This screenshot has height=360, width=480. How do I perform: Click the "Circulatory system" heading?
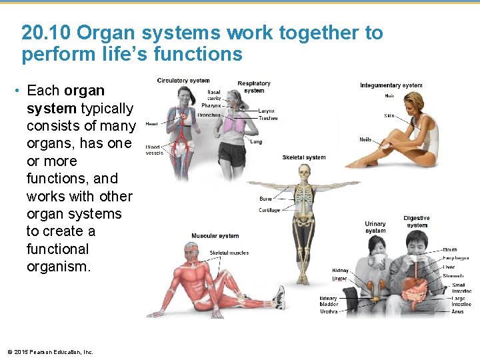pos(183,81)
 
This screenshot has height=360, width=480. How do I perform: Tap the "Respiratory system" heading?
pos(254,87)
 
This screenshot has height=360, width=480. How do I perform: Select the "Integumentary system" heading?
pos(391,85)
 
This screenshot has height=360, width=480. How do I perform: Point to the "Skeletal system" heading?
pos(304,157)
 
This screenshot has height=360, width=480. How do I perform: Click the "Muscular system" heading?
pos(215,236)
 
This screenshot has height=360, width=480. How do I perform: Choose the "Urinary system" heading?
pos(375,227)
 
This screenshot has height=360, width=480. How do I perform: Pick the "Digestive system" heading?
pos(417,221)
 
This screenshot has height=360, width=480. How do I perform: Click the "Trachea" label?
pos(268,118)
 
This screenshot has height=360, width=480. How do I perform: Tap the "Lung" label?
pos(256,141)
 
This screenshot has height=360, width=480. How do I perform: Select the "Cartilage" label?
pos(269,211)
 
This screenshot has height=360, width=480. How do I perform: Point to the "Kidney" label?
pos(340,271)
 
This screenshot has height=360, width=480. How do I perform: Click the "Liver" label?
pos(449,267)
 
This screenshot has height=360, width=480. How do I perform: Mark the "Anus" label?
pos(457,311)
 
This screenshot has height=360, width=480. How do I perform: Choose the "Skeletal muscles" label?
pos(229,253)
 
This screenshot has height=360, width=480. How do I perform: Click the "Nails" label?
pos(365,139)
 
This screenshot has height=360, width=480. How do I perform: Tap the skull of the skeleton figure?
pos(305,172)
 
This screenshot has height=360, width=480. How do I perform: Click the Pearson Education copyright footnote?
pos(50,352)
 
